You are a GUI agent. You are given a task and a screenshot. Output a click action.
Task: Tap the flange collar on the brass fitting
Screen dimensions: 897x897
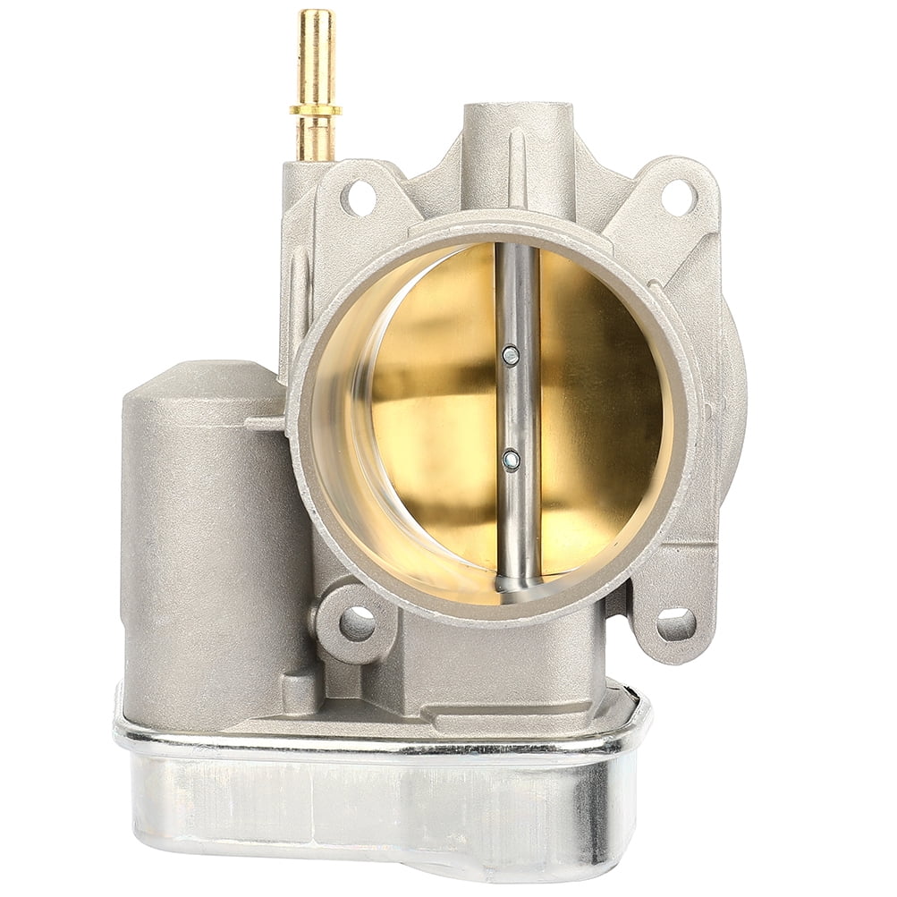coord(315,110)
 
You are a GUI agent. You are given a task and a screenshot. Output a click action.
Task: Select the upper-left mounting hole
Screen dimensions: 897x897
coord(359,198)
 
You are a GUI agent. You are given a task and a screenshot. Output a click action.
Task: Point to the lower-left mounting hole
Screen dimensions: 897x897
coord(356,622)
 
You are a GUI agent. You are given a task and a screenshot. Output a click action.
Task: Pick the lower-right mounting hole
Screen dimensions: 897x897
coord(675,623)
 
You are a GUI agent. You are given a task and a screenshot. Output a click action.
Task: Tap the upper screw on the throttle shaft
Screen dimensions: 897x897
coord(511,355)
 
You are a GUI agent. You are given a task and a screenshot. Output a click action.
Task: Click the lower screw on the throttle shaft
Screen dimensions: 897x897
coord(511,461)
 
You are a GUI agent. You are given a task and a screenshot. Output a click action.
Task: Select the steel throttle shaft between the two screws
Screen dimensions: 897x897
coord(515,408)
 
